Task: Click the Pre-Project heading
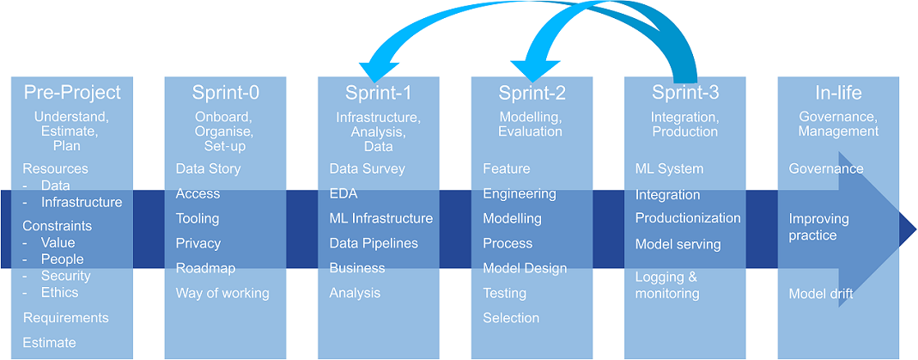(73, 93)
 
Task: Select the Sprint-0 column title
(225, 93)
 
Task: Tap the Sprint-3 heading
(685, 93)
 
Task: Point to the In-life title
(838, 93)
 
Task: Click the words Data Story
(208, 169)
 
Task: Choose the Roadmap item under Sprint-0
(205, 268)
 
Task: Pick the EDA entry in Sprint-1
(343, 194)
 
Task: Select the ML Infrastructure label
(381, 218)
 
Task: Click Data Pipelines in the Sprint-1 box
(374, 243)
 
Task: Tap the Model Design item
(525, 268)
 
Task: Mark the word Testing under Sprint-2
(504, 293)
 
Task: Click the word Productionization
(688, 218)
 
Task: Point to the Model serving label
(678, 243)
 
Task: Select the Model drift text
(821, 294)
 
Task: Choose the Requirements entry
(65, 318)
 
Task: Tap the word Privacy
(198, 243)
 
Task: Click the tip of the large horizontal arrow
(916, 229)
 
